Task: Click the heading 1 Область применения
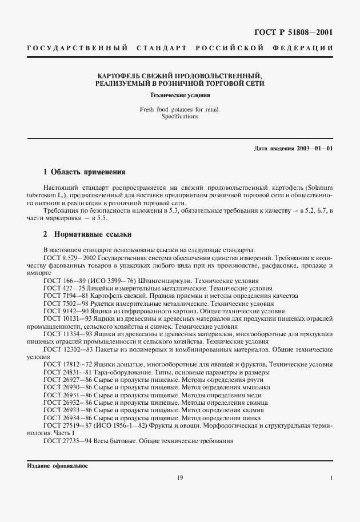84,172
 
